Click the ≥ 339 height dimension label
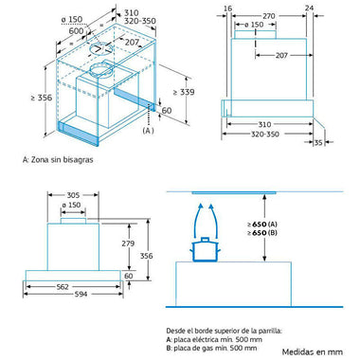[x=184, y=92]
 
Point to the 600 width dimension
[x=76, y=31]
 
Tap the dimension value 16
[x=227, y=9]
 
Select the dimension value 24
[x=310, y=8]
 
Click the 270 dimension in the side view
[x=269, y=16]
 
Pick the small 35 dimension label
[x=318, y=143]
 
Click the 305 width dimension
[x=73, y=195]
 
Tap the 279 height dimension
[x=128, y=243]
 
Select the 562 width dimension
[x=63, y=287]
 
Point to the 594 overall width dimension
[x=81, y=295]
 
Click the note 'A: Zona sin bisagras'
[x=58, y=160]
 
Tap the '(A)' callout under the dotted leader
[x=148, y=131]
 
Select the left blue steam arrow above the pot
[x=196, y=221]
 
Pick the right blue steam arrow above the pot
[x=215, y=221]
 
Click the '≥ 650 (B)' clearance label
[x=262, y=233]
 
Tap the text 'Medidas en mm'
[x=313, y=351]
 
